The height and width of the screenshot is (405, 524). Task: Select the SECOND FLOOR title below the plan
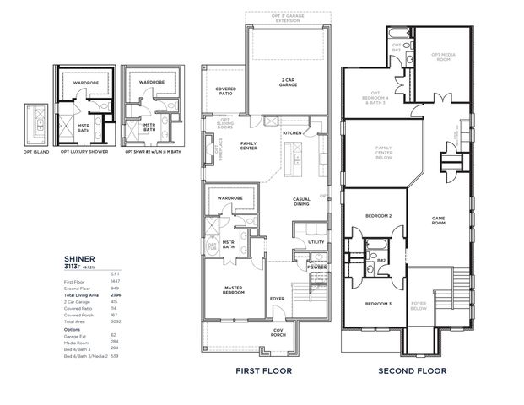click(412, 370)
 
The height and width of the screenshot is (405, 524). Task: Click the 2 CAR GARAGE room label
click(289, 81)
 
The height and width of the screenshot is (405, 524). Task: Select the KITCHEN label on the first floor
click(292, 133)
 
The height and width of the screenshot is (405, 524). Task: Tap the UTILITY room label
click(316, 242)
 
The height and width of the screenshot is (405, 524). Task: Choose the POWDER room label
click(317, 267)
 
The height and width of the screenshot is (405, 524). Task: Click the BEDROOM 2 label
click(378, 216)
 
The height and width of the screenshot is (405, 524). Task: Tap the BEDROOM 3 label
click(378, 303)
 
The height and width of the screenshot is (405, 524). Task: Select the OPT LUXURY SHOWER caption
click(84, 152)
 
